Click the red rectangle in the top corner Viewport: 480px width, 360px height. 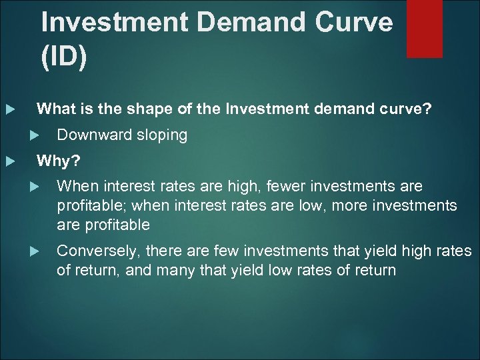click(425, 28)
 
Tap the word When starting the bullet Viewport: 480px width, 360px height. click(76, 186)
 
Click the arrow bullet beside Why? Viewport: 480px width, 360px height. click(9, 161)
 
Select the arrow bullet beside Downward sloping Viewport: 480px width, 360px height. click(36, 135)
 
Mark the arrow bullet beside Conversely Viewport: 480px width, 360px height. click(36, 252)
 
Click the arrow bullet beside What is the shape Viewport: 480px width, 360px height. click(9, 109)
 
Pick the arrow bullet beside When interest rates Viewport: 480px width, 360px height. click(36, 187)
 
